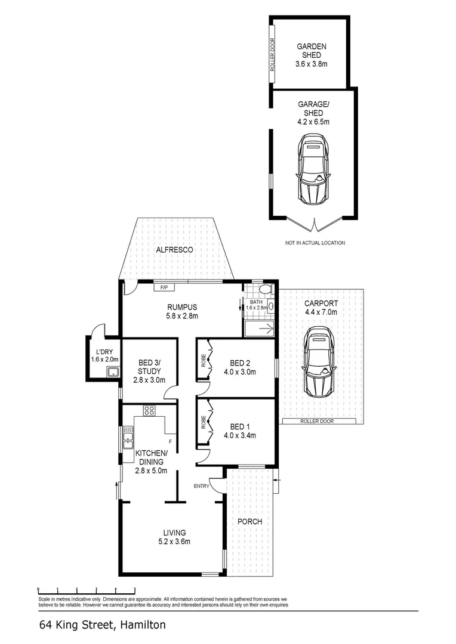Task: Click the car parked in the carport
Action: click(319, 361)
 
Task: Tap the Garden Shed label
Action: click(312, 51)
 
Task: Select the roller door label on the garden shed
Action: click(272, 55)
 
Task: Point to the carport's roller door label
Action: click(317, 421)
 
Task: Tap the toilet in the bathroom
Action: click(265, 289)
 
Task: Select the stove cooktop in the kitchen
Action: click(149, 411)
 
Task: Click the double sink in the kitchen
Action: click(128, 438)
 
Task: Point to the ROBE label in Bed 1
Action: click(203, 422)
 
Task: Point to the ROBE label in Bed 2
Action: click(203, 360)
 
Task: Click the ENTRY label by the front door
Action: click(202, 486)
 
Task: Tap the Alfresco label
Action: click(174, 250)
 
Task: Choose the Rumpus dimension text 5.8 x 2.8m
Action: click(182, 316)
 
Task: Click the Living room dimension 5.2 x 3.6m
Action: click(174, 541)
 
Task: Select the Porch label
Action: click(249, 521)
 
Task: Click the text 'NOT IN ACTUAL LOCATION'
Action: click(315, 243)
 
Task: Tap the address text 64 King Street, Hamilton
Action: click(103, 626)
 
